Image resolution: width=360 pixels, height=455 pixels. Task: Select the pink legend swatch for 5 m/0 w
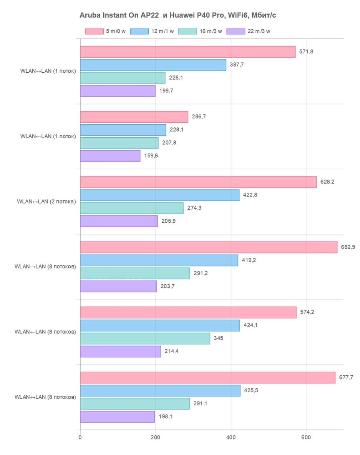tap(94, 32)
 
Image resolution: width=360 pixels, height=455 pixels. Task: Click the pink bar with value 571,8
tap(187, 52)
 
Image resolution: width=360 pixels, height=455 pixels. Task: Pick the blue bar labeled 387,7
tap(153, 65)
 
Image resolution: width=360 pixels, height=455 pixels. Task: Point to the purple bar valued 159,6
tap(110, 156)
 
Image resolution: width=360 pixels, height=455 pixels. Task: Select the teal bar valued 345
tap(145, 338)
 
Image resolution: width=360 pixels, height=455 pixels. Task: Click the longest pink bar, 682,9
tap(209, 247)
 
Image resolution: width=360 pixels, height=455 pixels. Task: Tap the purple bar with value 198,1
tap(117, 417)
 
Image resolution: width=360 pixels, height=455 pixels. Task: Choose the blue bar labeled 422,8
tap(159, 195)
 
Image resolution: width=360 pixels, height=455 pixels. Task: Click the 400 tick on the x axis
tap(231, 437)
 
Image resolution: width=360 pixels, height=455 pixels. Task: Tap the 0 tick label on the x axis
tap(80, 437)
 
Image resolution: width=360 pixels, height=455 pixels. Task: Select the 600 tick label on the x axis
tap(306, 437)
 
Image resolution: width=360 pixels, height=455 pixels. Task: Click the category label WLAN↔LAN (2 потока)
tap(46, 201)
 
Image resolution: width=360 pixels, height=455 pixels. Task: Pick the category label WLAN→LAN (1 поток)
tap(48, 71)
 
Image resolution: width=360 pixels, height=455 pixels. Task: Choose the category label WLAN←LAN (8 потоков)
tap(45, 332)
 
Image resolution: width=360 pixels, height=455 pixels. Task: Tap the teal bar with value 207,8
tap(119, 143)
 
